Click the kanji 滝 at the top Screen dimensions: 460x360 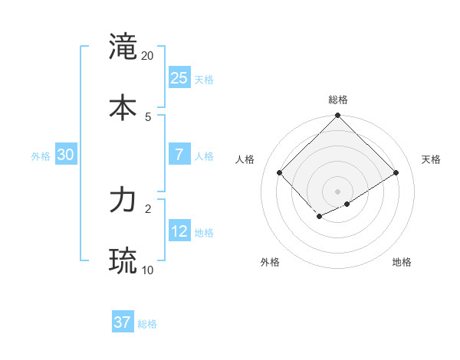coord(123,47)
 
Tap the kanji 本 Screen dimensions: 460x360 coord(123,106)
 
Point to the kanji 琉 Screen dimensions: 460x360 coord(123,260)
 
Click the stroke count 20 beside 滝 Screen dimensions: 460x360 coord(148,56)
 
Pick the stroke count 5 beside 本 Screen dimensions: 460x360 coord(148,116)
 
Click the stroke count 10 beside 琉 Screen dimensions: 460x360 coord(148,270)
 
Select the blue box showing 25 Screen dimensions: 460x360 coord(179,77)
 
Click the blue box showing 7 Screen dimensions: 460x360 coord(179,154)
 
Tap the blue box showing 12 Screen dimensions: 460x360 coord(179,231)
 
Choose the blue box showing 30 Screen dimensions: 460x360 coord(65,154)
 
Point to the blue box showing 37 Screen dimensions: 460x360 coord(122,322)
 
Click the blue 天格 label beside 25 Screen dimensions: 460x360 coord(204,79)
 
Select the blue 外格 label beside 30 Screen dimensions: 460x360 coord(41,156)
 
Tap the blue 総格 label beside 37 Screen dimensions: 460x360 coord(147,324)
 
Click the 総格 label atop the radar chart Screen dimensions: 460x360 coord(337,100)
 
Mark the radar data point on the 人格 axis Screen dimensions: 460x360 coord(280,172)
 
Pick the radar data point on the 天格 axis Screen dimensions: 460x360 coord(396,172)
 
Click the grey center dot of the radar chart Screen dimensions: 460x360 coord(337,191)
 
